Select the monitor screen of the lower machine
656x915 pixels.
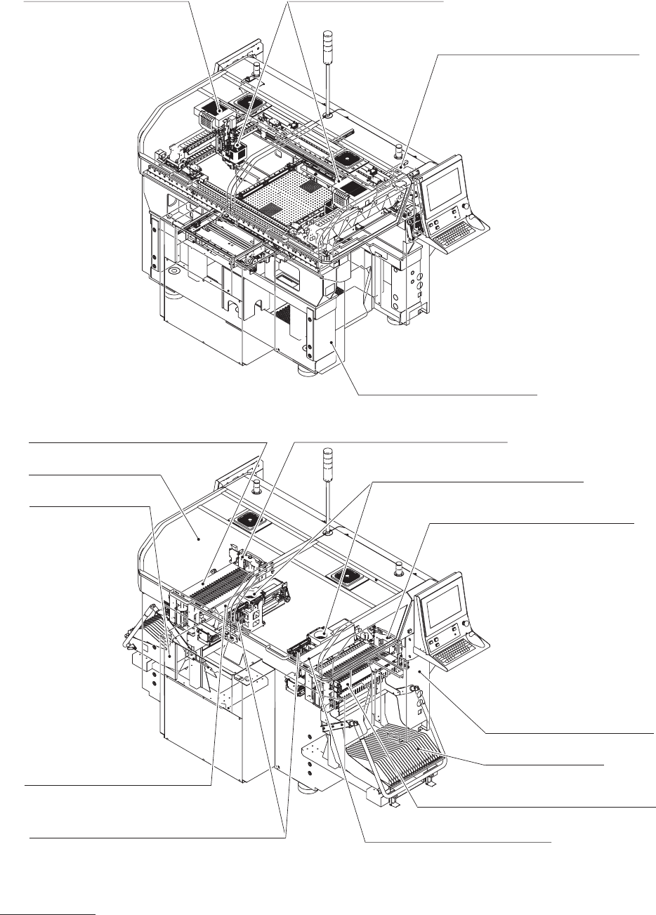click(441, 601)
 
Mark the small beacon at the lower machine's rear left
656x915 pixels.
click(258, 488)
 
